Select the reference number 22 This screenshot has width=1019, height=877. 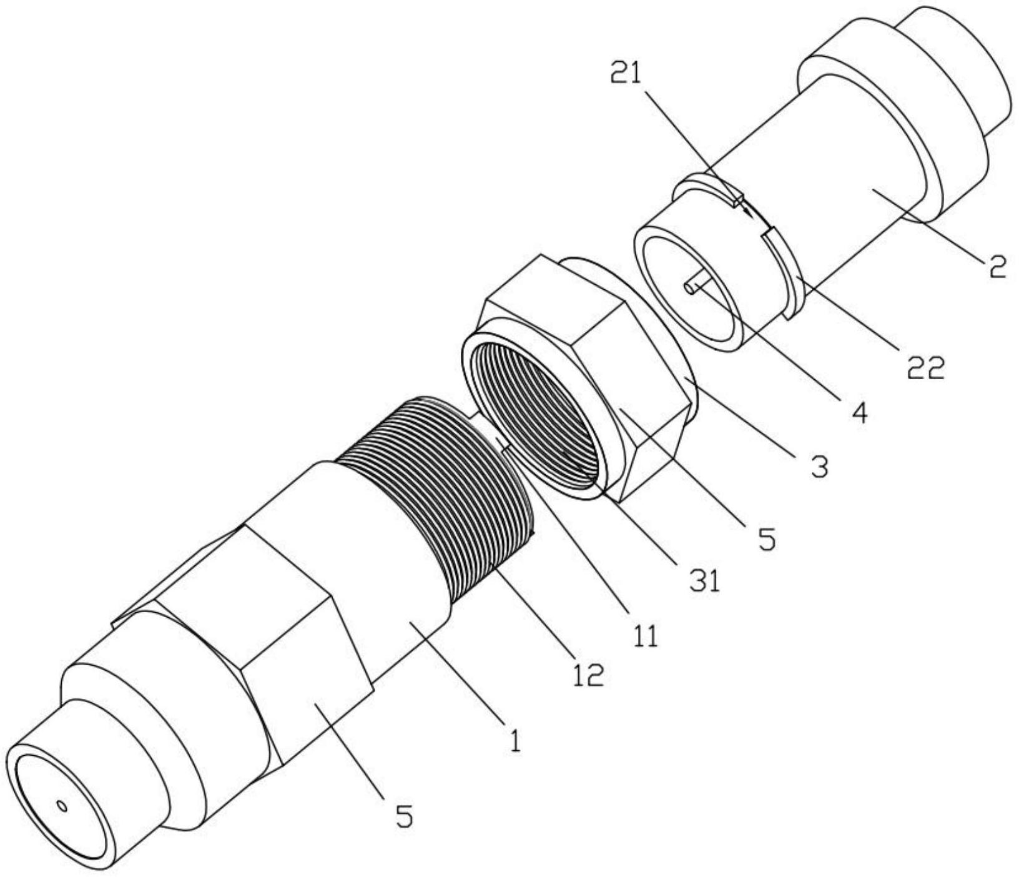926,369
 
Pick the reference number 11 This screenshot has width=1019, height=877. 644,636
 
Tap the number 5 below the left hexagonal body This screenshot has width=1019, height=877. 405,816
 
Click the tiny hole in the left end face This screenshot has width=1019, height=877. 62,806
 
